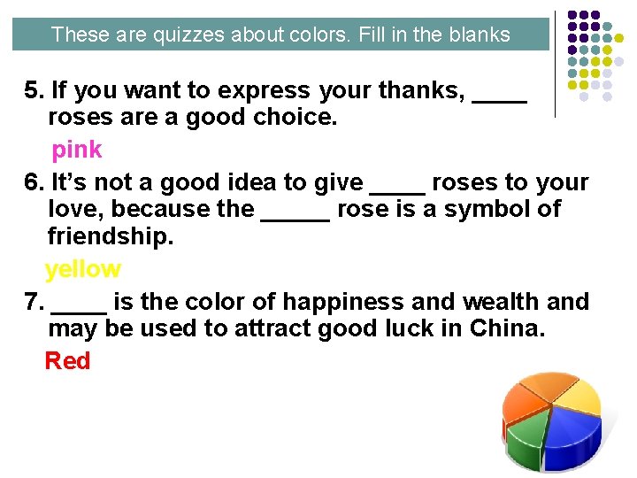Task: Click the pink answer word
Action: [x=77, y=150]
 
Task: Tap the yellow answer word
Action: [x=82, y=269]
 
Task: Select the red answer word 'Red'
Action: [x=67, y=360]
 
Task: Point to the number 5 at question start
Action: [x=33, y=90]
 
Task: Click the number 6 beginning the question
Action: [x=33, y=182]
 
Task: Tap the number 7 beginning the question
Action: [x=33, y=302]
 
